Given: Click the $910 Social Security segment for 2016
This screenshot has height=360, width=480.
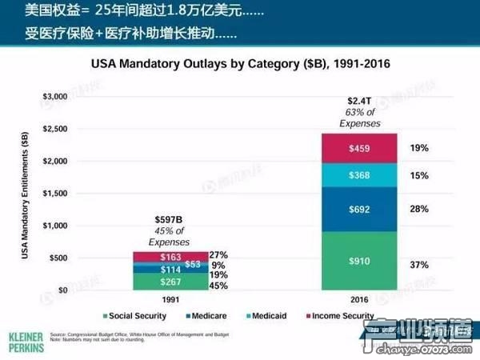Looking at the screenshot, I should click(359, 261).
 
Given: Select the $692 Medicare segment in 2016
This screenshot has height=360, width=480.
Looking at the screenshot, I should click(359, 209).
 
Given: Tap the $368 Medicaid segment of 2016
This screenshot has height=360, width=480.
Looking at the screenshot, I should click(359, 175).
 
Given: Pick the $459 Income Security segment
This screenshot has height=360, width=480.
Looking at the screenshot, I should click(359, 148).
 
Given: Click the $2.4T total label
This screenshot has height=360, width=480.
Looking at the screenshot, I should click(359, 101).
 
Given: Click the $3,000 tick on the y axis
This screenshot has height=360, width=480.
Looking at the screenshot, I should click(58, 97).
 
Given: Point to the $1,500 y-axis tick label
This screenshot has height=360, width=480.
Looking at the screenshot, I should click(58, 194).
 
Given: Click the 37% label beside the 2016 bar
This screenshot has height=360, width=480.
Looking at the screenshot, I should click(418, 264).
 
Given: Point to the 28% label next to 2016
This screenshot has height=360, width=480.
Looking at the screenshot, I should click(418, 209).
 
